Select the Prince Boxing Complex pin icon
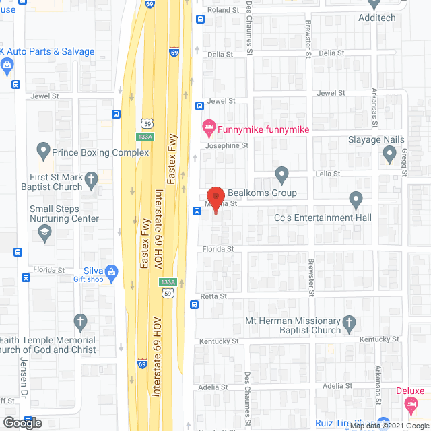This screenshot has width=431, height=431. [44, 152]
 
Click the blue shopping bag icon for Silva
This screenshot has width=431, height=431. [112, 273]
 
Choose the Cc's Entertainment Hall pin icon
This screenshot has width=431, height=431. [356, 200]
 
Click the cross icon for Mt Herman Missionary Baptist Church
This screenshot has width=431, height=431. [350, 324]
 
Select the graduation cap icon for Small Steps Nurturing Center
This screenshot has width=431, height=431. [45, 233]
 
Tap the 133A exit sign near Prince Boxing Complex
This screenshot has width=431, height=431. [144, 137]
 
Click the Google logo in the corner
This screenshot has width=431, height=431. [22, 423]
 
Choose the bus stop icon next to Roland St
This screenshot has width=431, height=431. [199, 20]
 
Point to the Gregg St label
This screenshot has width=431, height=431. [405, 164]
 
